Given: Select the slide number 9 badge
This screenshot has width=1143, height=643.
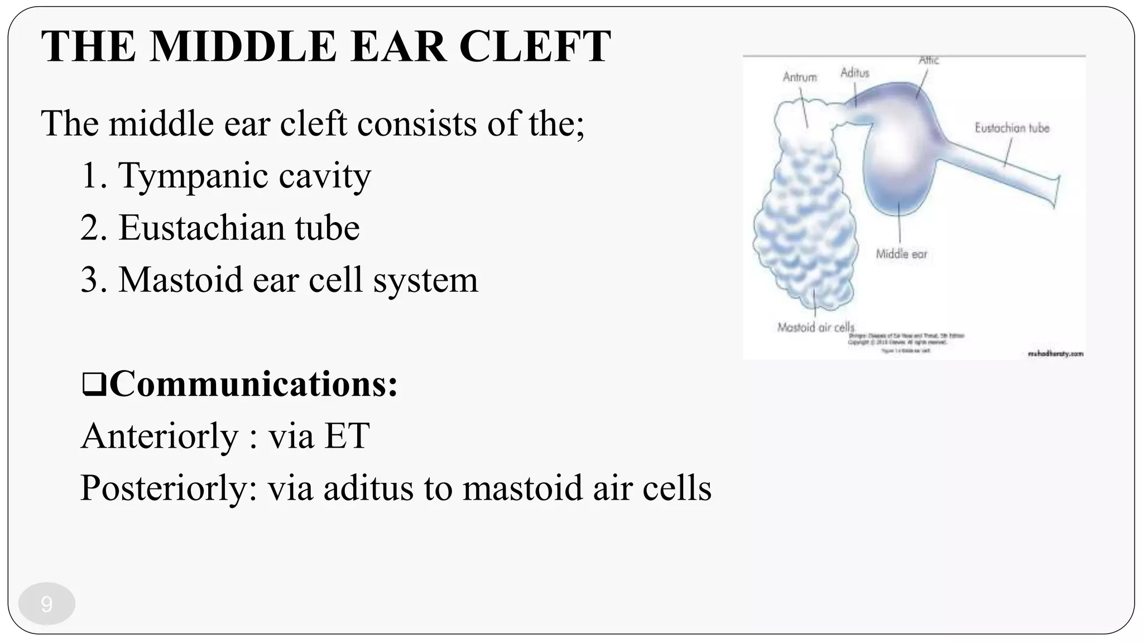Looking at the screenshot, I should click(x=47, y=604).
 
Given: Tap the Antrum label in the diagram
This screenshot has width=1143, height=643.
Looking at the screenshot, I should click(x=799, y=77).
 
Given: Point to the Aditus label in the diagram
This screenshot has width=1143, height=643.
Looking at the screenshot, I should click(x=854, y=73).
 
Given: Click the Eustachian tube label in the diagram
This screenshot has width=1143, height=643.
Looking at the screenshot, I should click(x=1012, y=128).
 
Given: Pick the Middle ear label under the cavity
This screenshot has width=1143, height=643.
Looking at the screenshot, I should click(x=901, y=255).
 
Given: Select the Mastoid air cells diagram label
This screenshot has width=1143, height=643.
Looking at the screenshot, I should click(x=815, y=328).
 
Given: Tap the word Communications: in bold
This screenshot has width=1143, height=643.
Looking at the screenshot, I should click(x=254, y=384).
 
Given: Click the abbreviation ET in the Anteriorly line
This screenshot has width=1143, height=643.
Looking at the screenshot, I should click(x=347, y=436).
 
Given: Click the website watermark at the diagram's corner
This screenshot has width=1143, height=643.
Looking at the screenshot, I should click(x=1055, y=353).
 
